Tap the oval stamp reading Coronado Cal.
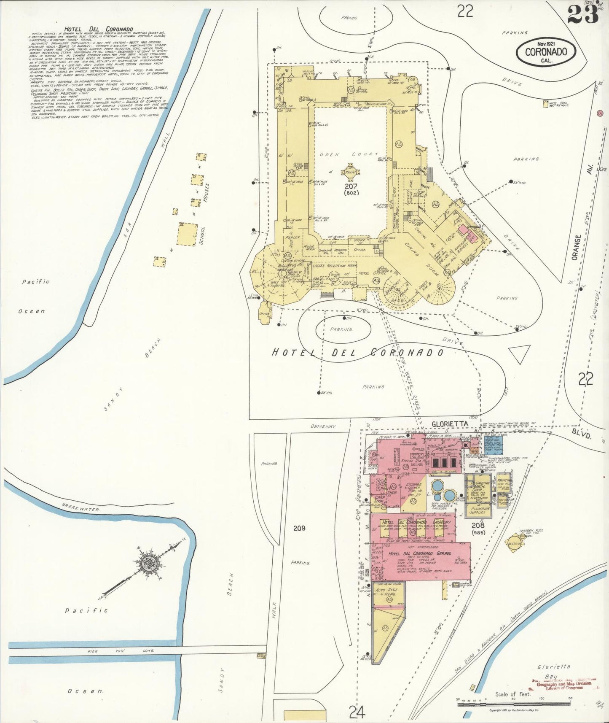(x=546, y=52)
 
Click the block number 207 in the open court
(x=351, y=186)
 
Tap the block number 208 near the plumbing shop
(x=478, y=525)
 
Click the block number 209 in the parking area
(x=299, y=528)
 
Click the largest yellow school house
(x=188, y=234)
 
